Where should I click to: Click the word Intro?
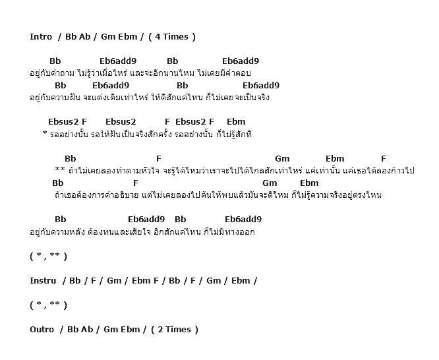pyautogui.click(x=41, y=37)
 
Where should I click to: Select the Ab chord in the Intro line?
pyautogui.click(x=84, y=37)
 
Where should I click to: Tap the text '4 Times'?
pyautogui.click(x=171, y=37)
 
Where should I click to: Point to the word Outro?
pyautogui.click(x=42, y=330)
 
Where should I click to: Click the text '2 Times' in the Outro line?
pyautogui.click(x=174, y=330)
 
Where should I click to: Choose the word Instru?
pyautogui.click(x=43, y=281)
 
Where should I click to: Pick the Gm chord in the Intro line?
pyautogui.click(x=108, y=37)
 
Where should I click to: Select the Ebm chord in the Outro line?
pyautogui.click(x=131, y=330)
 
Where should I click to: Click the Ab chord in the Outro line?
pyautogui.click(x=87, y=330)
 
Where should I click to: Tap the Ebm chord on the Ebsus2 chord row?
pyautogui.click(x=236, y=122)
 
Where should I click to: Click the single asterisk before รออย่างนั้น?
pyautogui.click(x=45, y=133)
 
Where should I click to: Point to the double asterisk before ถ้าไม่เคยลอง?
pyautogui.click(x=60, y=169)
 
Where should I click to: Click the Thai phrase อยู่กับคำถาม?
pyautogui.click(x=52, y=73)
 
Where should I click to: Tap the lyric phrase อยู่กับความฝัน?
pyautogui.click(x=55, y=98)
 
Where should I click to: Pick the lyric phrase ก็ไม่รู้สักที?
pyautogui.click(x=234, y=135)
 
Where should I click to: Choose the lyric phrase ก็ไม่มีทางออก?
pyautogui.click(x=229, y=231)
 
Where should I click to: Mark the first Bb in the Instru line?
pyautogui.click(x=74, y=281)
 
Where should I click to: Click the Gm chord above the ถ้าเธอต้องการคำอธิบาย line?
pyautogui.click(x=270, y=183)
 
